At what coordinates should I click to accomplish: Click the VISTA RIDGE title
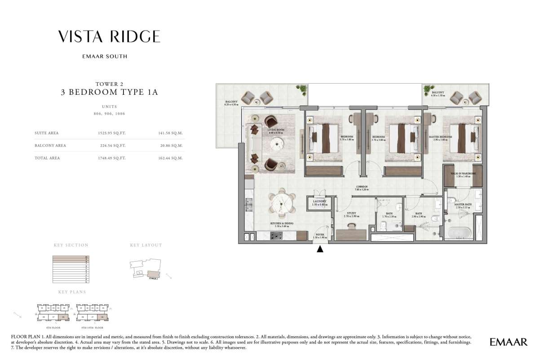coord(109,36)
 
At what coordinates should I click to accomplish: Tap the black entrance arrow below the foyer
coord(320,249)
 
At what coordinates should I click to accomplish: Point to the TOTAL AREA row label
coord(47,158)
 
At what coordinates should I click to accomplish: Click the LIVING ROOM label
coord(277,130)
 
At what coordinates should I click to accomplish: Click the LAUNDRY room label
coord(320,201)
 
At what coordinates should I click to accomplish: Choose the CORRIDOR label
coord(362,187)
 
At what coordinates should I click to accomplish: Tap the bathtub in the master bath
coord(458,232)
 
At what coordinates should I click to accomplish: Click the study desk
coord(351,235)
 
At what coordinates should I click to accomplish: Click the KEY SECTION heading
coord(71,245)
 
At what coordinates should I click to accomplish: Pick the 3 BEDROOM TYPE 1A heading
coord(109,93)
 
